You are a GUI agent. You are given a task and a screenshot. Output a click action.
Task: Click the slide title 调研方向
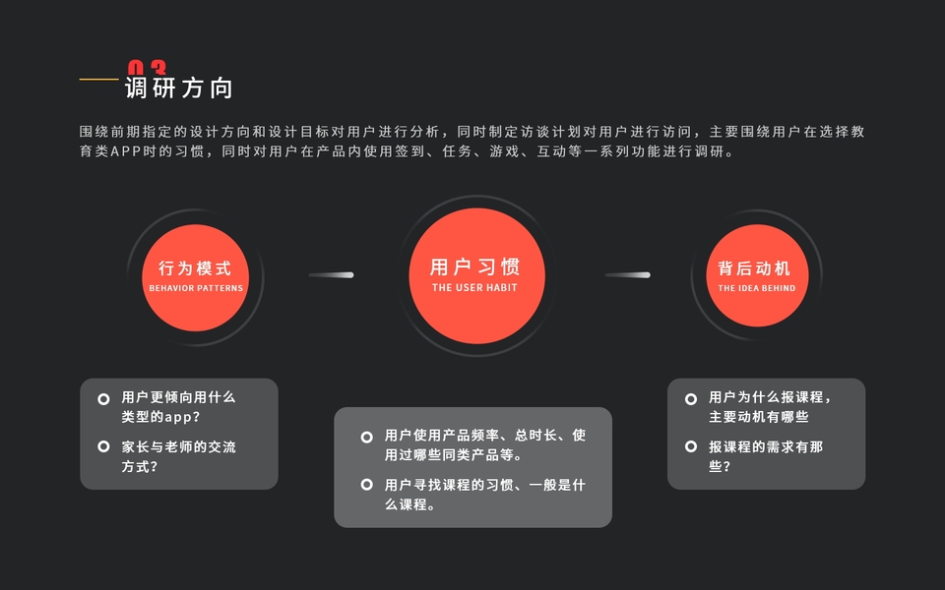pyautogui.click(x=178, y=88)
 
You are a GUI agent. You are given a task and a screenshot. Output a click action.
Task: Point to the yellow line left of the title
pyautogui.click(x=98, y=79)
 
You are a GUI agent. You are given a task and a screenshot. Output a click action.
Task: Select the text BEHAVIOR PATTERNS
pyautogui.click(x=195, y=288)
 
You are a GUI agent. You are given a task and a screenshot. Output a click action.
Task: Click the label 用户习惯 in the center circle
pyautogui.click(x=474, y=266)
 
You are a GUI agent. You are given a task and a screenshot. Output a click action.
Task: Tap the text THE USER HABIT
pyautogui.click(x=474, y=288)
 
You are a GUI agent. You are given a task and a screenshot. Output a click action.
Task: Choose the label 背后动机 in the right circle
pyautogui.click(x=755, y=267)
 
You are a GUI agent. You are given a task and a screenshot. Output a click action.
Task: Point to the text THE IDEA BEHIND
pyautogui.click(x=756, y=288)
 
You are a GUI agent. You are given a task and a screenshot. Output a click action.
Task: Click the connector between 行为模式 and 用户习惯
pyautogui.click(x=332, y=274)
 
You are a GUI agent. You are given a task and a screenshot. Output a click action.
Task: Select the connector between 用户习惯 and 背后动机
pyautogui.click(x=627, y=274)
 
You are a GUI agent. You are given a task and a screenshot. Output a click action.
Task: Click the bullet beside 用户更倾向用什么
pyautogui.click(x=103, y=398)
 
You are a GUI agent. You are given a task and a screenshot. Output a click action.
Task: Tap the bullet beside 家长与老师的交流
pyautogui.click(x=103, y=446)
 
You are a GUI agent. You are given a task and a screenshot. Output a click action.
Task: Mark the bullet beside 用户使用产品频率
pyautogui.click(x=366, y=436)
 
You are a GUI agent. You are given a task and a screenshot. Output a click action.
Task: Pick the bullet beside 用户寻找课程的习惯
pyautogui.click(x=366, y=485)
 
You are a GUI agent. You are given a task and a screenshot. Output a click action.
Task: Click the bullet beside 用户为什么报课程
pyautogui.click(x=691, y=398)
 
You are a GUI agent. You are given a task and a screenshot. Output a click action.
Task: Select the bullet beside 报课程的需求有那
pyautogui.click(x=691, y=446)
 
